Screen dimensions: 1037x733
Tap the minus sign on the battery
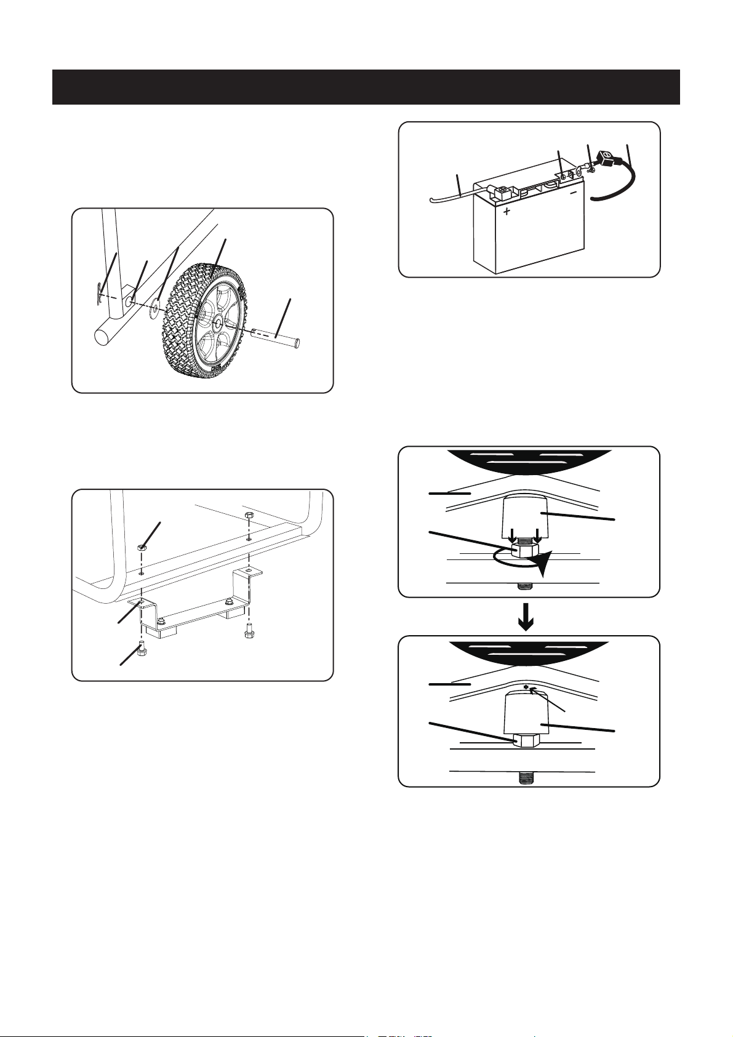(x=572, y=191)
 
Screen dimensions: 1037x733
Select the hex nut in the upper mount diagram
(x=525, y=549)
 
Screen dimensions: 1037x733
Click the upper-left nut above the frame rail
(x=142, y=547)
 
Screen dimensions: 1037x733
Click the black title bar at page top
(x=366, y=87)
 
